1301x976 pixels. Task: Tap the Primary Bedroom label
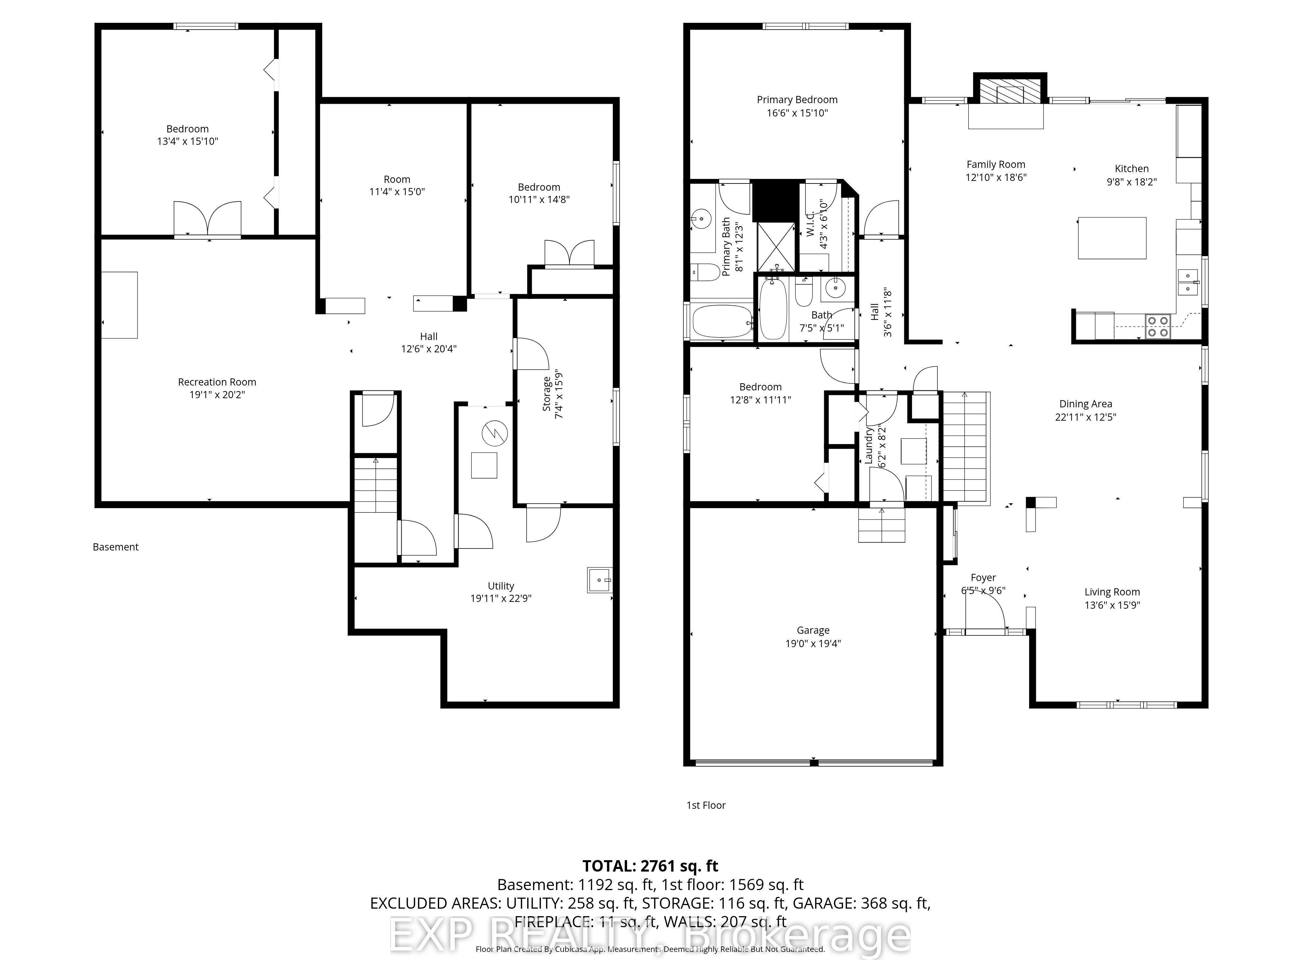pyautogui.click(x=797, y=100)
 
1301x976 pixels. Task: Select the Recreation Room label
pyautogui.click(x=217, y=382)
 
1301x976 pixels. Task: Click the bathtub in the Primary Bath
pyautogui.click(x=722, y=322)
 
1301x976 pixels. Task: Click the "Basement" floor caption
pyautogui.click(x=116, y=547)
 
